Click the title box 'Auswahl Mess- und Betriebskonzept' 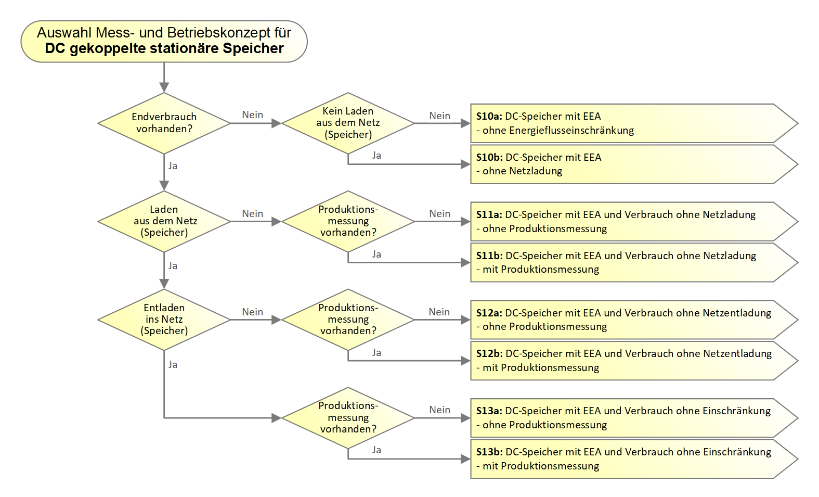click(x=164, y=41)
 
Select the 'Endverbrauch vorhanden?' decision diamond click(x=164, y=123)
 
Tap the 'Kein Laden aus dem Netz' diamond click(x=348, y=123)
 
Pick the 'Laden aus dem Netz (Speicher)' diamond click(x=164, y=221)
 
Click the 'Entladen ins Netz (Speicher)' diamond click(x=164, y=320)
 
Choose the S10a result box click(x=624, y=123)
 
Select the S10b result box click(x=624, y=164)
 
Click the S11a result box click(x=624, y=222)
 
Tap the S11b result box click(x=624, y=262)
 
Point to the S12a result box click(x=624, y=320)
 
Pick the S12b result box click(x=624, y=361)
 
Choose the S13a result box click(x=624, y=418)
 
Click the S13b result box click(x=624, y=459)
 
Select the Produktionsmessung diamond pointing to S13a click(x=348, y=418)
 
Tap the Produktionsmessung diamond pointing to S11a click(x=348, y=221)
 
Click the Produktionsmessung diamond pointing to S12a click(x=348, y=320)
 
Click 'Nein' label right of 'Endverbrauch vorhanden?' click(x=253, y=115)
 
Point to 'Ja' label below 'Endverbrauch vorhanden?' click(x=173, y=166)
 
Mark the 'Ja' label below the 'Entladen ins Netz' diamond click(x=173, y=365)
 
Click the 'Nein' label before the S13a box click(x=440, y=410)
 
